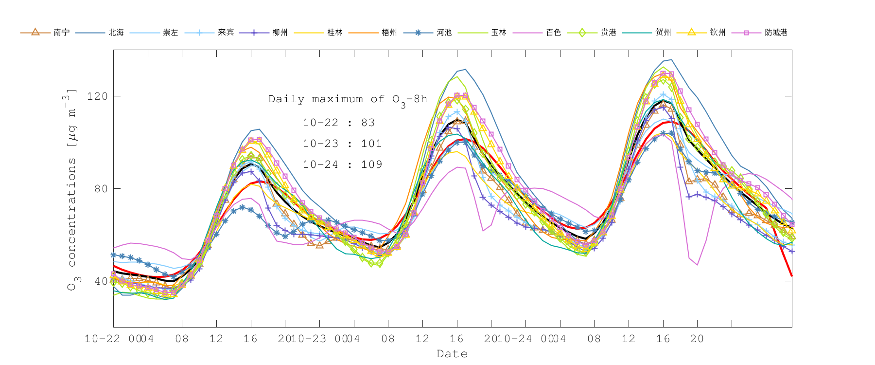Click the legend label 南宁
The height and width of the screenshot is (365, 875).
click(x=62, y=33)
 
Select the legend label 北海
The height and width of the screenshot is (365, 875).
click(x=116, y=33)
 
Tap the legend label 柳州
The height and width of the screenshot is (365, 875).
click(x=280, y=33)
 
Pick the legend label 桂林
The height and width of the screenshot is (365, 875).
click(x=335, y=33)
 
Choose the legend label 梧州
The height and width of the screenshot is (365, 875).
click(x=389, y=33)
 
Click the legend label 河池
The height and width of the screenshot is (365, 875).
click(x=444, y=33)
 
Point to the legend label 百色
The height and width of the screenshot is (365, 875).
click(x=554, y=33)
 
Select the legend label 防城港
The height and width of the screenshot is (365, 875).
click(x=776, y=33)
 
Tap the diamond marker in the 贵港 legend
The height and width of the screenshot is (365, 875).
click(x=582, y=33)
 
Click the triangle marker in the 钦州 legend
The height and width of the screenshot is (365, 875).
click(x=691, y=32)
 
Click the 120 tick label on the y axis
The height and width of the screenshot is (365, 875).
click(x=97, y=96)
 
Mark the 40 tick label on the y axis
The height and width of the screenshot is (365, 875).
click(x=101, y=281)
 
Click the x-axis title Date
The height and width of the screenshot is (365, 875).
click(x=452, y=354)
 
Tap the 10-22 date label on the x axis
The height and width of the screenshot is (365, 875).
click(x=103, y=339)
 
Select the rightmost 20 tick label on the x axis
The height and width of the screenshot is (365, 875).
click(x=697, y=339)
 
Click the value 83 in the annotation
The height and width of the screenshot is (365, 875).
click(x=368, y=123)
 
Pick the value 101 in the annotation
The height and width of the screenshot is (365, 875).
click(x=371, y=144)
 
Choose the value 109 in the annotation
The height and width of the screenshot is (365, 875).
click(x=371, y=164)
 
